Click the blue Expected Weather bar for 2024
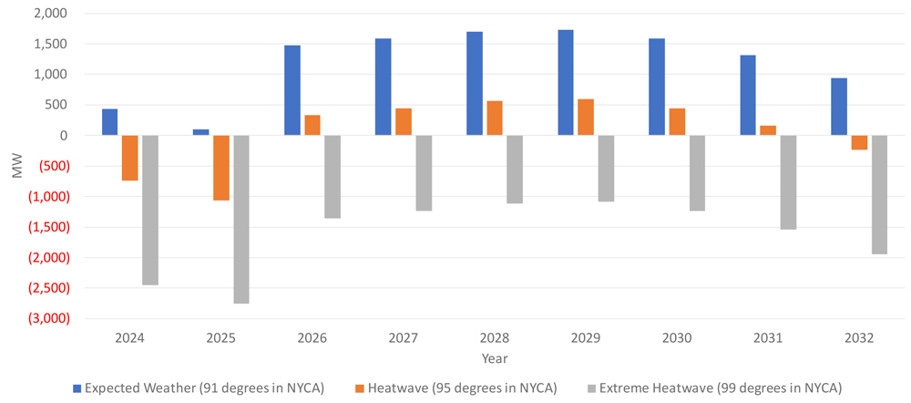[x=109, y=122]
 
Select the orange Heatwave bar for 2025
[x=221, y=168]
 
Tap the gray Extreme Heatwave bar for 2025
[x=241, y=219]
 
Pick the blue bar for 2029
[x=566, y=83]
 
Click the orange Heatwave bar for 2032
[x=859, y=142]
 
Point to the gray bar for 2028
[x=515, y=169]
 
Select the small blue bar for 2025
[x=201, y=132]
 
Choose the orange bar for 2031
[x=768, y=130]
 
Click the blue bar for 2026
[x=292, y=90]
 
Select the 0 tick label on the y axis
[x=63, y=135]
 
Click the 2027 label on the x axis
[x=404, y=337]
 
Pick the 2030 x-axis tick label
[x=677, y=337]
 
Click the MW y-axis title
[x=15, y=166]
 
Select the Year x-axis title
[x=495, y=358]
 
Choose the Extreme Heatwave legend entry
[x=713, y=387]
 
